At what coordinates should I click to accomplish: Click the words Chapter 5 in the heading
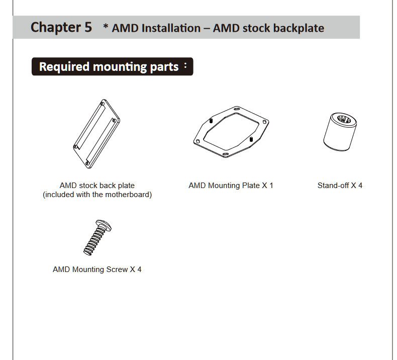point(61,27)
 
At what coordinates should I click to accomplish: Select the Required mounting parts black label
point(112,66)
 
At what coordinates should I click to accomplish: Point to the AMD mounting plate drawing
point(231,132)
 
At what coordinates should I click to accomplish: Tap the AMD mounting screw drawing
point(97,237)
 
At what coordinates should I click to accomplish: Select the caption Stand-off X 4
point(340,186)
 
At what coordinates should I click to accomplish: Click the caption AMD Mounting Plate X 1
point(231,186)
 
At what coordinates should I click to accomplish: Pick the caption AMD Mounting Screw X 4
point(97,269)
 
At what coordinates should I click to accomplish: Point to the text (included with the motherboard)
point(97,195)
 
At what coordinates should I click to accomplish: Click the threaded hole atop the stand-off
point(345,119)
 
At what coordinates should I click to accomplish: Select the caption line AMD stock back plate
point(97,186)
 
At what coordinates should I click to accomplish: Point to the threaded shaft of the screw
point(94,242)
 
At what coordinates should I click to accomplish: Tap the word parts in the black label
point(164,67)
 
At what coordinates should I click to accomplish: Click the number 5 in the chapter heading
point(88,27)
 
